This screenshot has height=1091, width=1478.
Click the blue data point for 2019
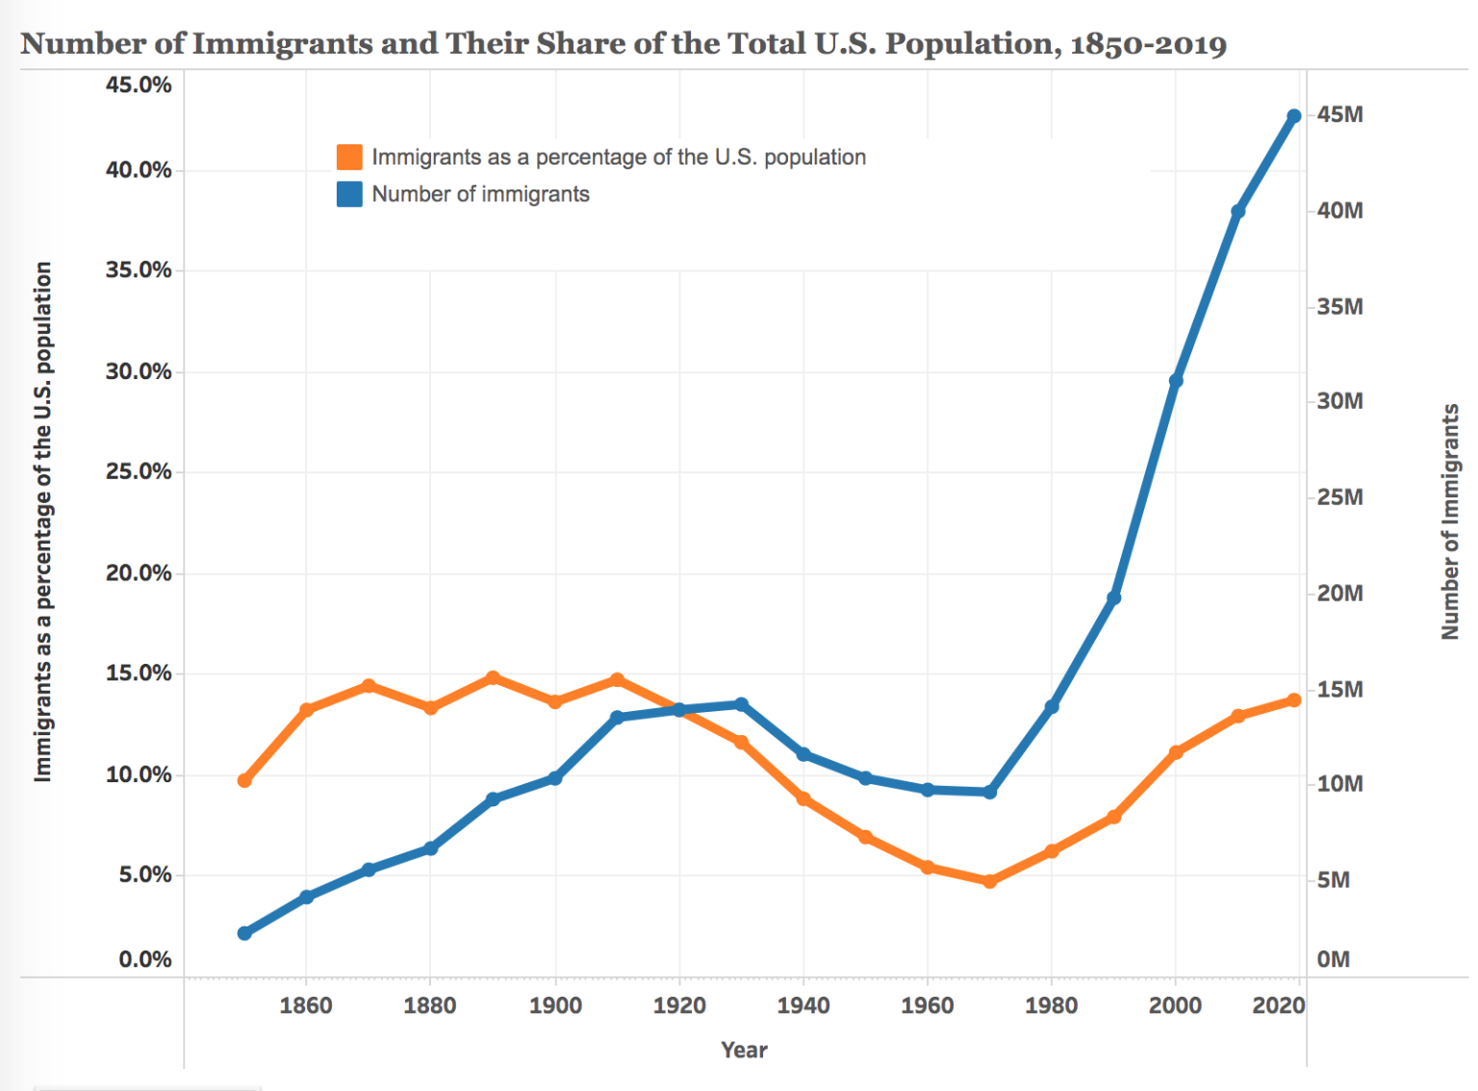pyautogui.click(x=1294, y=116)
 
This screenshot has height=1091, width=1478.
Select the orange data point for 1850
pyautogui.click(x=244, y=780)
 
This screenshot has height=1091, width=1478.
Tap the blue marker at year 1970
pyautogui.click(x=990, y=792)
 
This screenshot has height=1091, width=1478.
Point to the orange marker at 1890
pyautogui.click(x=493, y=678)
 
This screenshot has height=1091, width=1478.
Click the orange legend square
pyautogui.click(x=349, y=157)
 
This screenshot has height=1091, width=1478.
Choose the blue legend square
pyautogui.click(x=349, y=194)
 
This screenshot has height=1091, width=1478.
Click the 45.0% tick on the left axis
pyautogui.click(x=139, y=85)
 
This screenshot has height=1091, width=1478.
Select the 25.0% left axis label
pyautogui.click(x=139, y=471)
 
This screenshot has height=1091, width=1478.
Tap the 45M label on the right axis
pyautogui.click(x=1339, y=114)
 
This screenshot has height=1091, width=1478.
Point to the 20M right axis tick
pyautogui.click(x=1339, y=593)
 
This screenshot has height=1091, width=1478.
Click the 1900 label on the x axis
pyautogui.click(x=555, y=1005)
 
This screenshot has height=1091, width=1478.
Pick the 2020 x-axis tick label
pyautogui.click(x=1278, y=1005)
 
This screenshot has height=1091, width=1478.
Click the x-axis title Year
pyautogui.click(x=744, y=1050)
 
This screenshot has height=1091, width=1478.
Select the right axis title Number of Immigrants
pyautogui.click(x=1449, y=520)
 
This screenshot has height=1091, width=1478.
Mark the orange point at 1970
pyautogui.click(x=990, y=881)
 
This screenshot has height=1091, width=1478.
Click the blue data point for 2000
pyautogui.click(x=1176, y=381)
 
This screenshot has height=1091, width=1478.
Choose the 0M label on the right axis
pyautogui.click(x=1333, y=959)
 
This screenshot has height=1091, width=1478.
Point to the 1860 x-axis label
pyautogui.click(x=306, y=1005)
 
